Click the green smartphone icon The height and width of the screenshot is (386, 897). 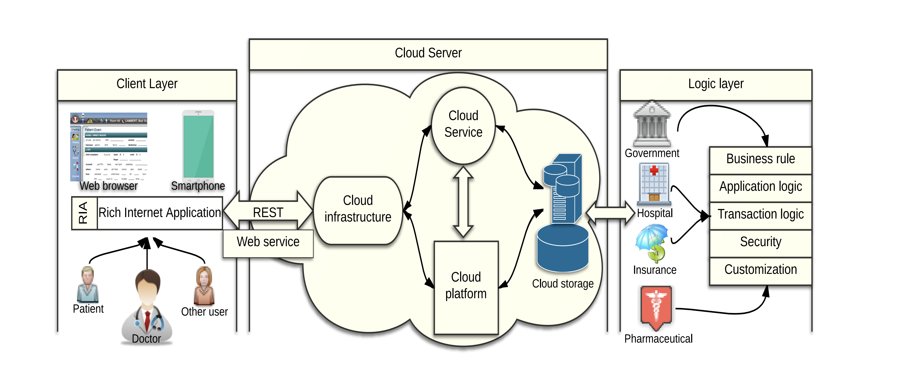198,145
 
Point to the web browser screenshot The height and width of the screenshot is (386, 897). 109,147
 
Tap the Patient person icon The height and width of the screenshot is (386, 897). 88,284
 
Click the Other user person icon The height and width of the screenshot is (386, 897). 204,286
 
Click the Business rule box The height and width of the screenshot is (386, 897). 760,159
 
